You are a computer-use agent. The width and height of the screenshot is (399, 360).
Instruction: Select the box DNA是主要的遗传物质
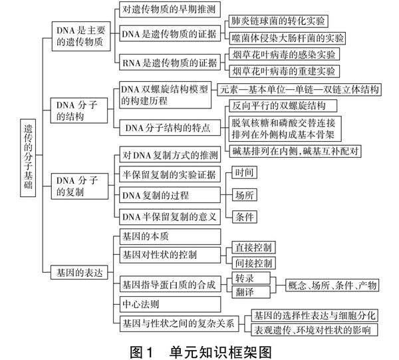point(80,37)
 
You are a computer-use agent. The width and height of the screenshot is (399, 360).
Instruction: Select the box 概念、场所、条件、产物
point(332,285)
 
